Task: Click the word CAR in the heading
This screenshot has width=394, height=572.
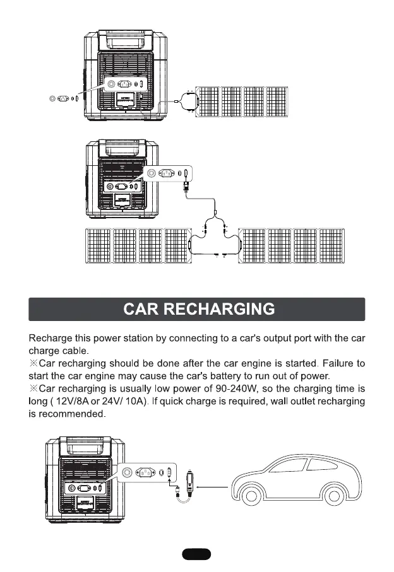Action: pos(142,310)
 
